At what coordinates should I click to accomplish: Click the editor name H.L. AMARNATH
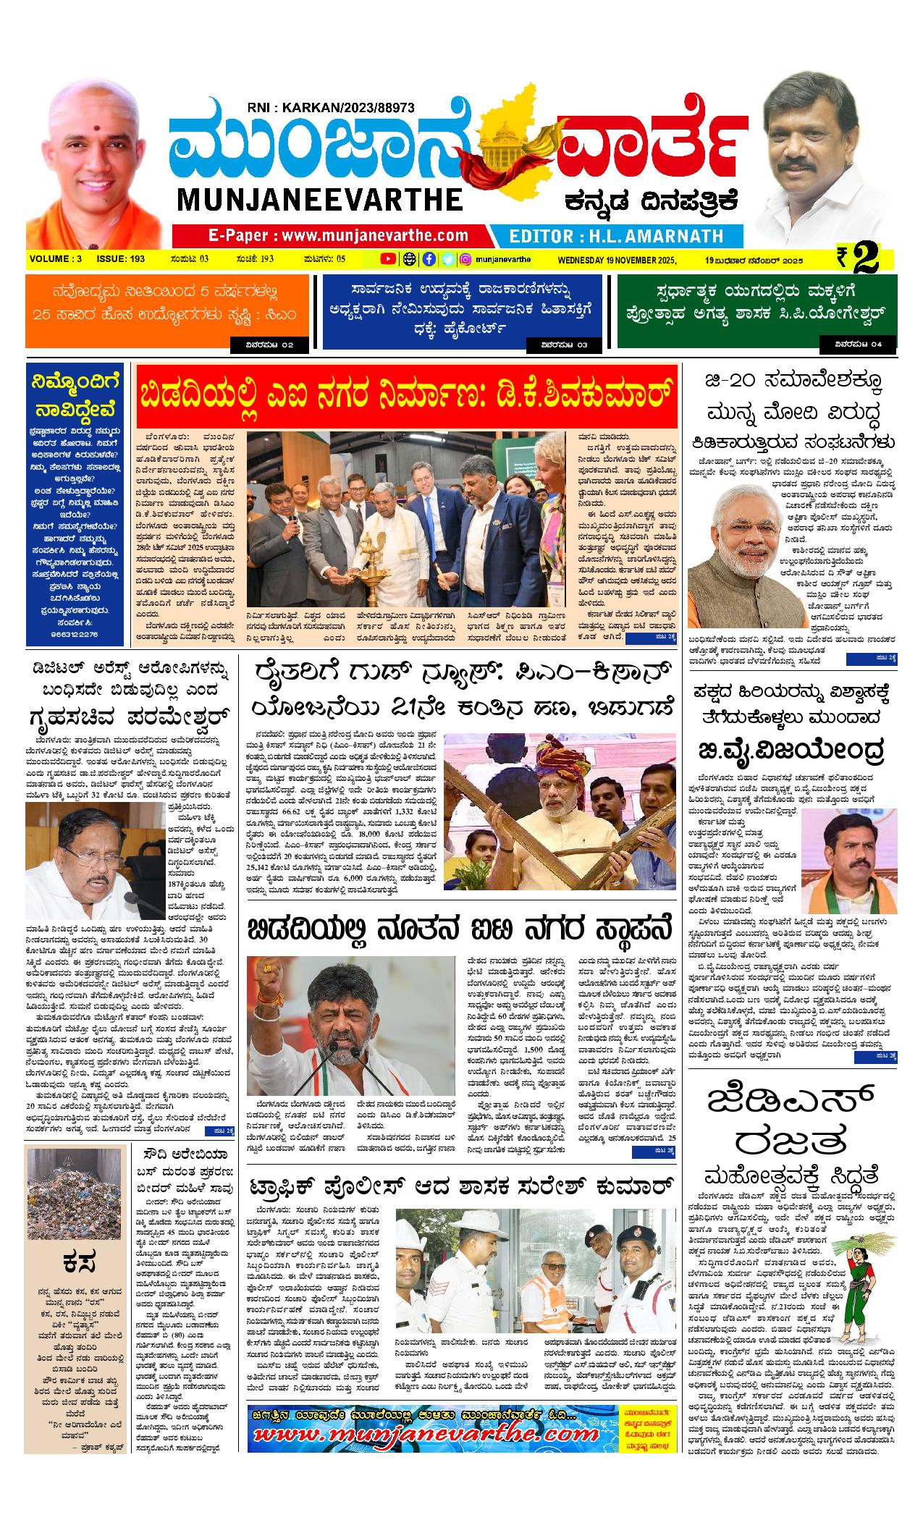pyautogui.click(x=616, y=236)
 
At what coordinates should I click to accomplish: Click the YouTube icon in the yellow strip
pyautogui.click(x=388, y=258)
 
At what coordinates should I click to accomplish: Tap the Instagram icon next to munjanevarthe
pyautogui.click(x=466, y=258)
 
